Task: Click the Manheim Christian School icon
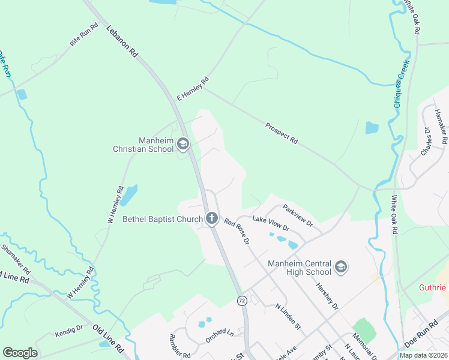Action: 183,144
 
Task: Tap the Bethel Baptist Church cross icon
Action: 211,219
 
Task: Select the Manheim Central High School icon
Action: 341,267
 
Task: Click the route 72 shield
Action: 242,299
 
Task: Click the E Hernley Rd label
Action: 192,89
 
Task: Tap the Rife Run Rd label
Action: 84,35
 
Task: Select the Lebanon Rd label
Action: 122,41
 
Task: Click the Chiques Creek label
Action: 401,84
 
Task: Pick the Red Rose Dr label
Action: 237,232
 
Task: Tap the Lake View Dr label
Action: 271,224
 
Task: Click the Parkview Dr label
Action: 298,214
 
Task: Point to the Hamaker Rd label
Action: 441,127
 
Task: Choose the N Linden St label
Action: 288,316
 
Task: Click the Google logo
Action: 20,353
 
